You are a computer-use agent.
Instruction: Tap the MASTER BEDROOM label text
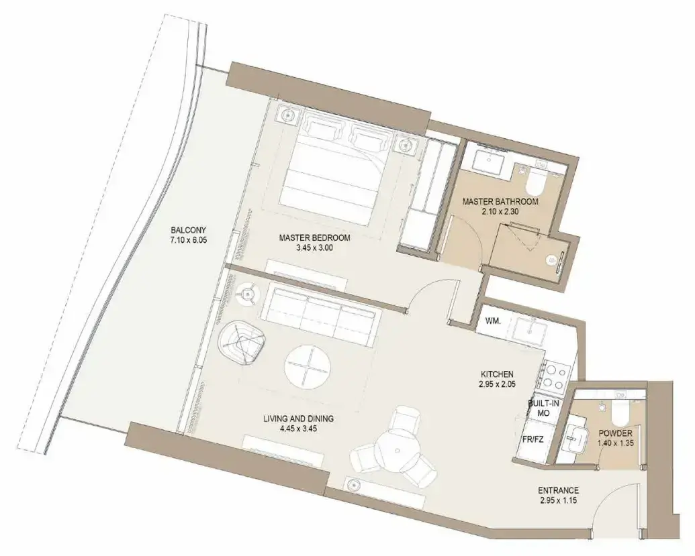click(x=314, y=237)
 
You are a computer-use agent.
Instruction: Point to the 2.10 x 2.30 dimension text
click(x=500, y=211)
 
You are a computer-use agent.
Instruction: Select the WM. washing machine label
click(x=494, y=321)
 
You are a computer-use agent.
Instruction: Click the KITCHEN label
click(x=498, y=374)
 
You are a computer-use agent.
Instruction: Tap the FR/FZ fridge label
click(x=533, y=439)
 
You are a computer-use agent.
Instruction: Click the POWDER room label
click(x=614, y=433)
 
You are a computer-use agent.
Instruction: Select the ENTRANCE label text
click(x=558, y=490)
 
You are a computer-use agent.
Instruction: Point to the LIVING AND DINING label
click(x=298, y=419)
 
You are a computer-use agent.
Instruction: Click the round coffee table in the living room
click(x=308, y=366)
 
